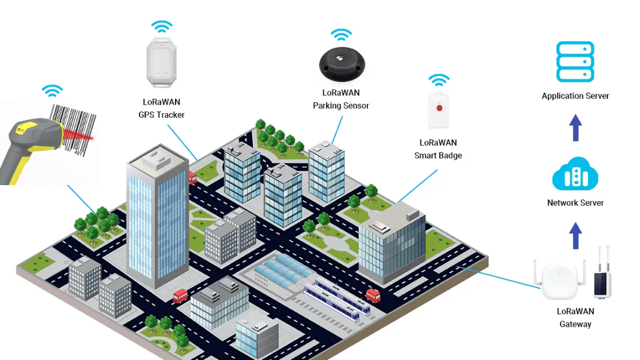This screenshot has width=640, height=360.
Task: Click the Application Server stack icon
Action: (575, 62)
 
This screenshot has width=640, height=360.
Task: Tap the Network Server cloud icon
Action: (575, 174)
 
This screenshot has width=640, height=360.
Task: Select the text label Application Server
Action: (575, 96)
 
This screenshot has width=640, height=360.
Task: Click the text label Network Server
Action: (575, 203)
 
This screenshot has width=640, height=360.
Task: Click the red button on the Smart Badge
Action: (439, 107)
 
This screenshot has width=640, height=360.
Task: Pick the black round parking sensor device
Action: (342, 63)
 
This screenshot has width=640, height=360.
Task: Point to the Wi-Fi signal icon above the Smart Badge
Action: (439, 79)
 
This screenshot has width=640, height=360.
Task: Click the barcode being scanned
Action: (73, 129)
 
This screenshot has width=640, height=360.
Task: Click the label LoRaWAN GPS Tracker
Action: (162, 109)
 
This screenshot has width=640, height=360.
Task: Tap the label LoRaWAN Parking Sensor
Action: (341, 99)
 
